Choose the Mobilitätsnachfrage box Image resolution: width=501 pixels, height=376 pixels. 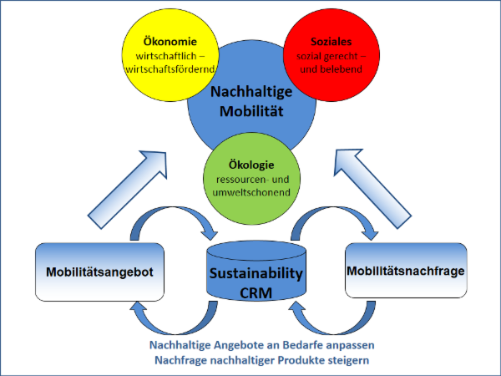click(x=404, y=271)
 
